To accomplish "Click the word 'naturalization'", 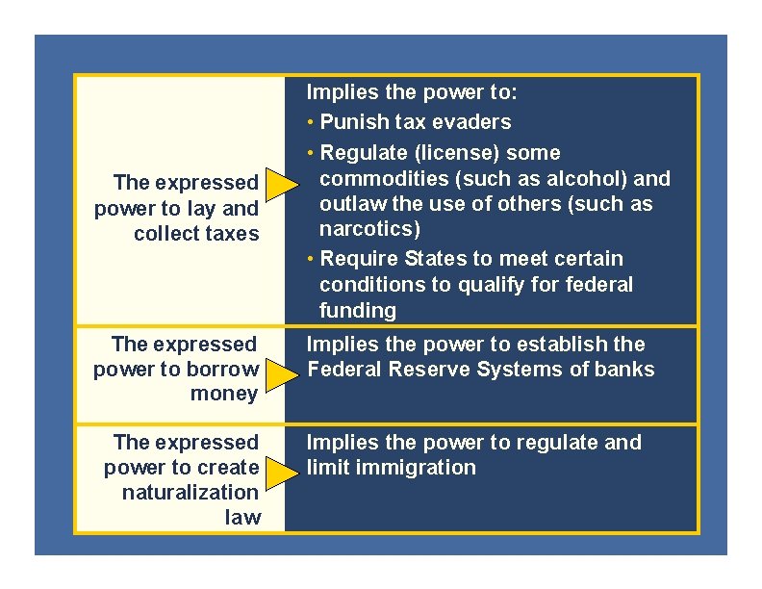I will point(190,492).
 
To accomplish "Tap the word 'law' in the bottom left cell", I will point(241,517).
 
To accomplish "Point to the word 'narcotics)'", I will point(369,229).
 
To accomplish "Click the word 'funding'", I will point(357,310).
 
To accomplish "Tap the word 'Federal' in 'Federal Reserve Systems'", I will point(343,370).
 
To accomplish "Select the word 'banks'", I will point(626,370).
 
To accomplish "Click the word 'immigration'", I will point(424,468).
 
